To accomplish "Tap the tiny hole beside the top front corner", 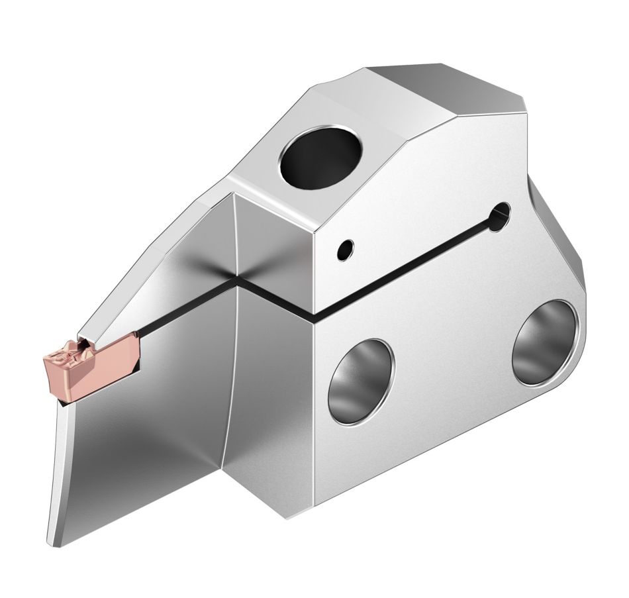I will point(344,250).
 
